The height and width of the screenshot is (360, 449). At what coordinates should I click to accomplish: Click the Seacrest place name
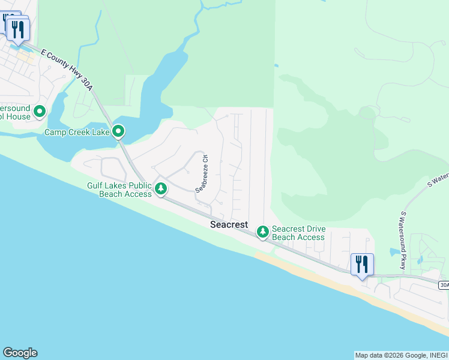click(x=229, y=224)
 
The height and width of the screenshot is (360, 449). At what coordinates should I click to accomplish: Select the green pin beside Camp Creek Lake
click(x=119, y=130)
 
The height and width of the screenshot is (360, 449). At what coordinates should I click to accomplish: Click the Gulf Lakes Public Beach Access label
click(x=119, y=190)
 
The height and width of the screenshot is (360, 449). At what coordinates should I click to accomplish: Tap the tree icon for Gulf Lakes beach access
click(x=160, y=188)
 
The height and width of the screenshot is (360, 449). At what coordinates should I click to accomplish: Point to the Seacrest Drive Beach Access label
click(x=298, y=233)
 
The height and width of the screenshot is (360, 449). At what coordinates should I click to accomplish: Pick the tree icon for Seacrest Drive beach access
click(x=262, y=231)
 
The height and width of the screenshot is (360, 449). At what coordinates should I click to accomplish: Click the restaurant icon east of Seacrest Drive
click(x=362, y=264)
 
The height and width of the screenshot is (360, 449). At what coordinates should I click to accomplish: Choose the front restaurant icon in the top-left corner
click(x=19, y=29)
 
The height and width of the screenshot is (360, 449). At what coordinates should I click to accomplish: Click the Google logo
click(x=20, y=353)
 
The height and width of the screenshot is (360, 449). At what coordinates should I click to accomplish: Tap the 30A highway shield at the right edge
click(x=444, y=285)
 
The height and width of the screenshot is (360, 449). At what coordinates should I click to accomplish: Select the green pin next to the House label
click(x=40, y=111)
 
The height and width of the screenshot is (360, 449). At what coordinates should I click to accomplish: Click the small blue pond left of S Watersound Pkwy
click(x=394, y=252)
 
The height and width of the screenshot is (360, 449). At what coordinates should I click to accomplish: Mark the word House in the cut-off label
click(x=19, y=116)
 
